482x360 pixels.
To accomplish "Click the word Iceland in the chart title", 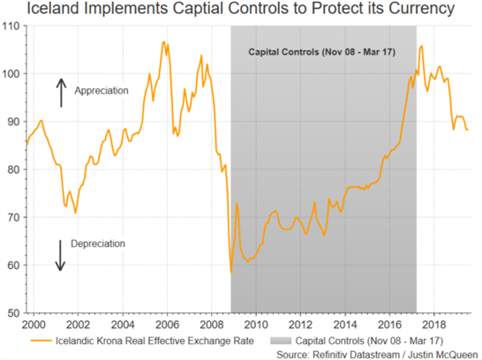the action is pyautogui.click(x=54, y=8).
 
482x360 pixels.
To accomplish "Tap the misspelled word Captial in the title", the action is pyautogui.click(x=199, y=9).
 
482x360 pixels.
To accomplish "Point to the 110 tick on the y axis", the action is pyautogui.click(x=11, y=26).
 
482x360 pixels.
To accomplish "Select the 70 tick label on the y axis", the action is pyautogui.click(x=13, y=217).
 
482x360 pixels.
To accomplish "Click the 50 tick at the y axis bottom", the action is pyautogui.click(x=13, y=313).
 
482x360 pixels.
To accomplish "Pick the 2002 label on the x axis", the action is pyautogui.click(x=78, y=325).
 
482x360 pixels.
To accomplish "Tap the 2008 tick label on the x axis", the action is pyautogui.click(x=212, y=325).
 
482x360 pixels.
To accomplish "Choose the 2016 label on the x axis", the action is pyautogui.click(x=389, y=325).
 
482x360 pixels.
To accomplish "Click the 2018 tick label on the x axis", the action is pyautogui.click(x=433, y=325).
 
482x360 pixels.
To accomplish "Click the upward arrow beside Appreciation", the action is pyautogui.click(x=61, y=93).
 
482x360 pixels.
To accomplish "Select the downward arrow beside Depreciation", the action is pyautogui.click(x=60, y=256).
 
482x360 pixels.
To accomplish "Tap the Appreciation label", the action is pyautogui.click(x=102, y=91).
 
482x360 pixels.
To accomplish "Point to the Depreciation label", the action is pyautogui.click(x=98, y=244).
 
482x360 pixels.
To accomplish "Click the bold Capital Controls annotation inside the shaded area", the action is pyautogui.click(x=321, y=52).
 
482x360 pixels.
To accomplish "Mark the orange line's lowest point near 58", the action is pyautogui.click(x=231, y=273).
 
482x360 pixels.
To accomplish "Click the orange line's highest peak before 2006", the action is pyautogui.click(x=164, y=41).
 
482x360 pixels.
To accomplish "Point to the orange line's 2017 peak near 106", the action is pyautogui.click(x=421, y=46).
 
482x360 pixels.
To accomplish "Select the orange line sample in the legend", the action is pyautogui.click(x=41, y=341).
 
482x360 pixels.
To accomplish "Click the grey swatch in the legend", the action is pyautogui.click(x=281, y=341).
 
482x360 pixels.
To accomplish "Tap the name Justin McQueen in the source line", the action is pyautogui.click(x=442, y=355).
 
